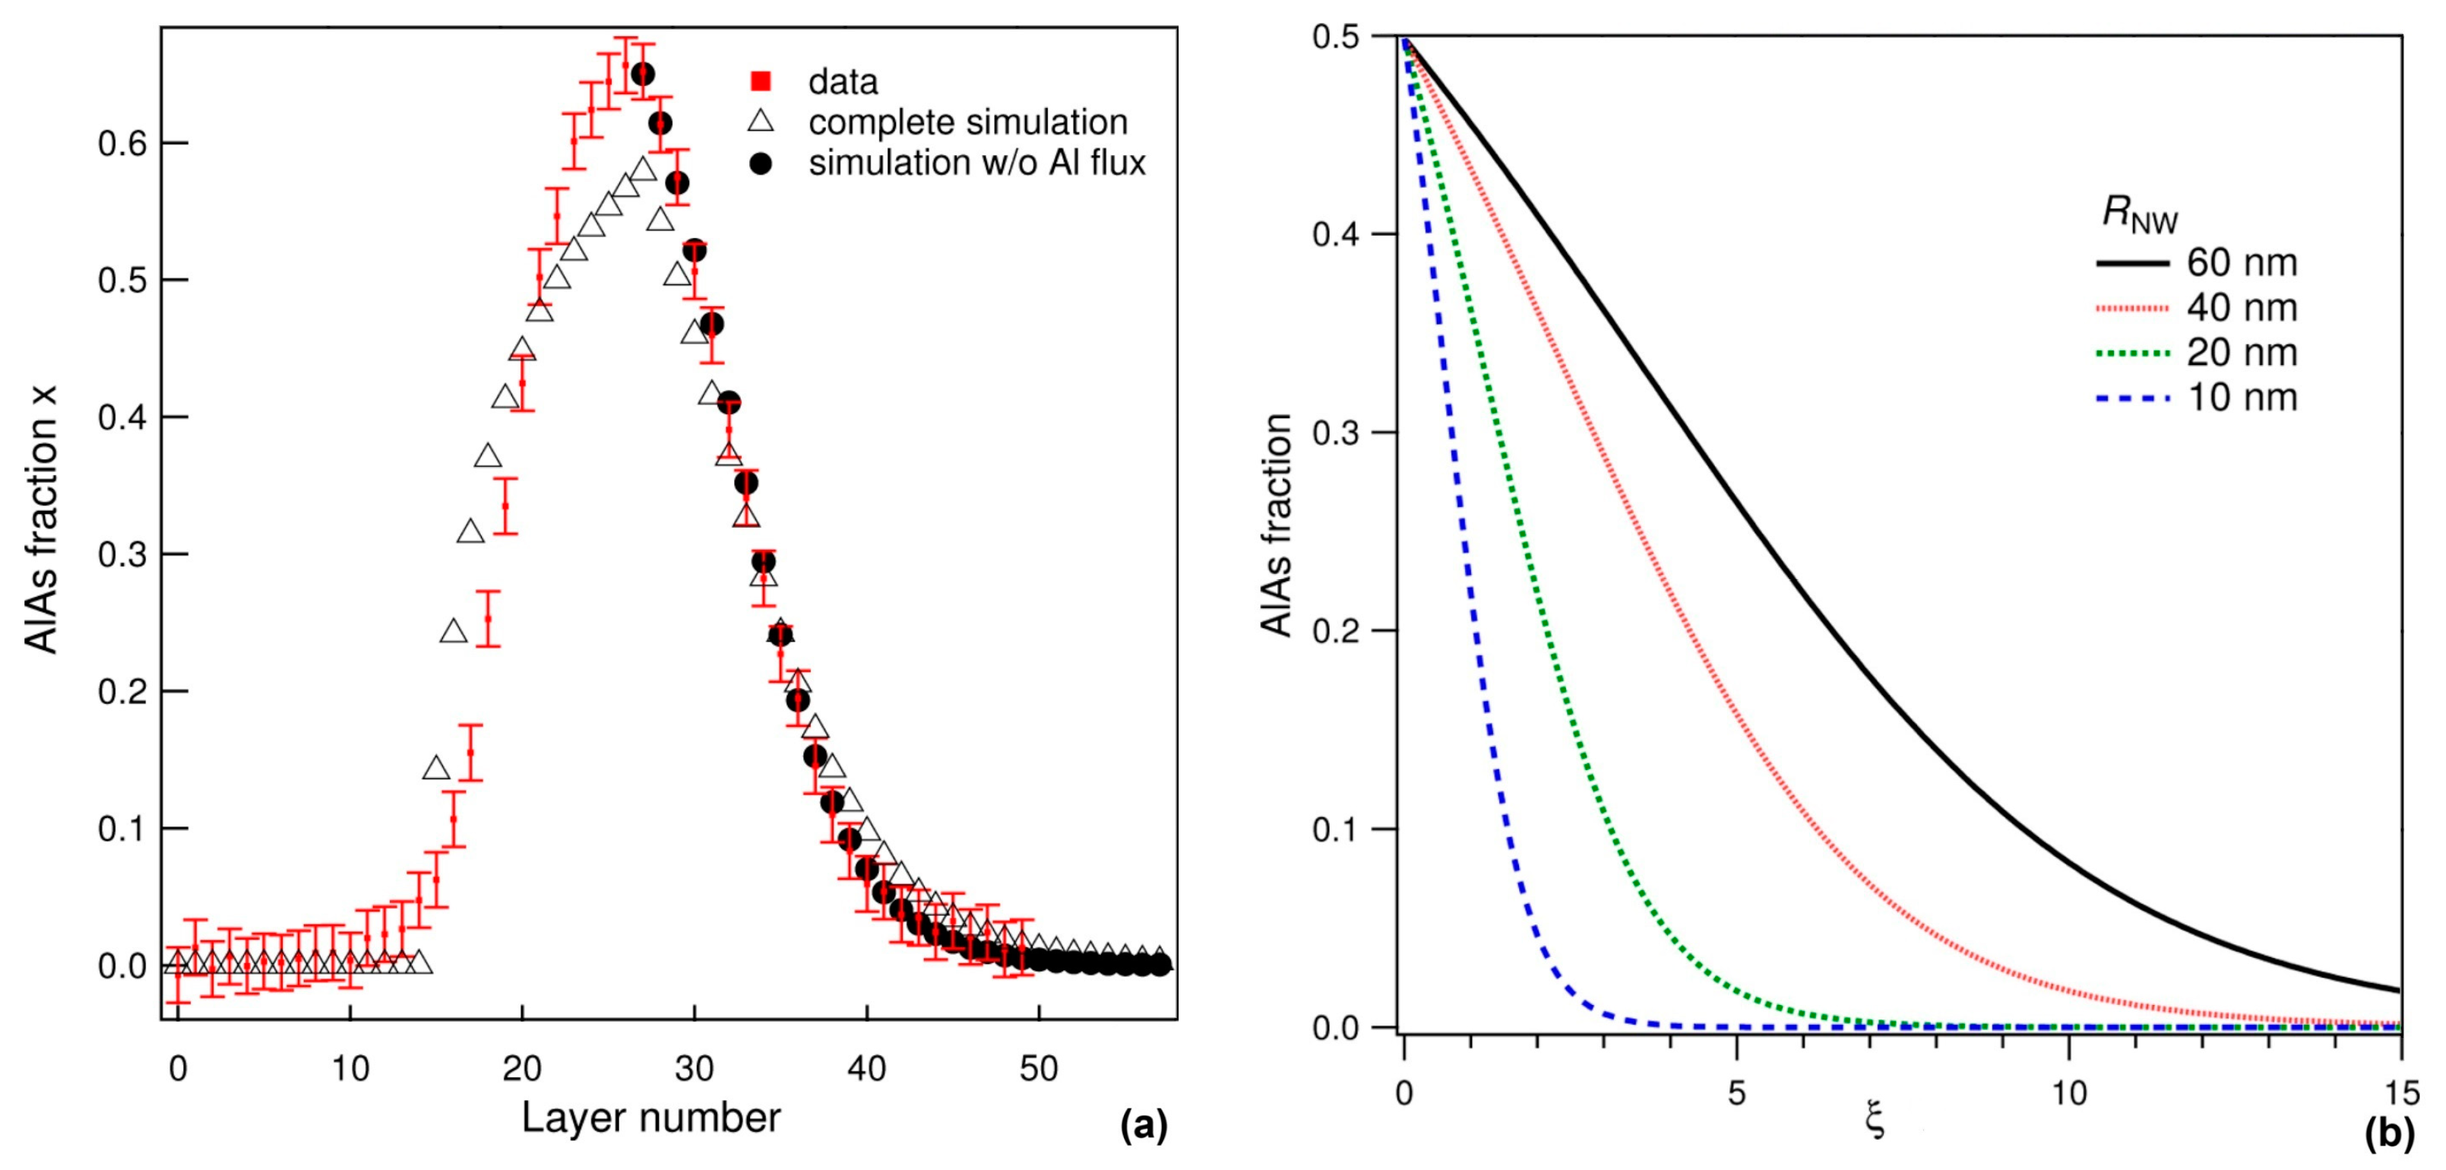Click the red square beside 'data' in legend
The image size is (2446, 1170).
(x=760, y=81)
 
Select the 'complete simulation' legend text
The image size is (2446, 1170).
(x=967, y=122)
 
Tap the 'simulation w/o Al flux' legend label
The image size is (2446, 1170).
(x=977, y=163)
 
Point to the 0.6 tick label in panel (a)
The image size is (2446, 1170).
(x=122, y=144)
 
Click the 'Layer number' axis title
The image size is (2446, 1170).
(x=650, y=1118)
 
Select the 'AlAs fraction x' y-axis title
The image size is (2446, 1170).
(x=41, y=519)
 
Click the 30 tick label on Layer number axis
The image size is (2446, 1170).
(x=694, y=1070)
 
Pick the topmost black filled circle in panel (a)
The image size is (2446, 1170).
(x=643, y=74)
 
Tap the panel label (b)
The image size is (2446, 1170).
(x=2388, y=1132)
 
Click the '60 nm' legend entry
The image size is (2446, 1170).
(x=2242, y=263)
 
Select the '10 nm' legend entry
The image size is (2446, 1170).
(x=2242, y=398)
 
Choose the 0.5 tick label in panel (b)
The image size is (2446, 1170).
(x=1335, y=37)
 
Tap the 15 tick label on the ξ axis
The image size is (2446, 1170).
(x=2400, y=1093)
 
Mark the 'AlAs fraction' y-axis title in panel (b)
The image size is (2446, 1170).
(x=1277, y=525)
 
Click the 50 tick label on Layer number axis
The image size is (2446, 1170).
(x=1039, y=1070)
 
